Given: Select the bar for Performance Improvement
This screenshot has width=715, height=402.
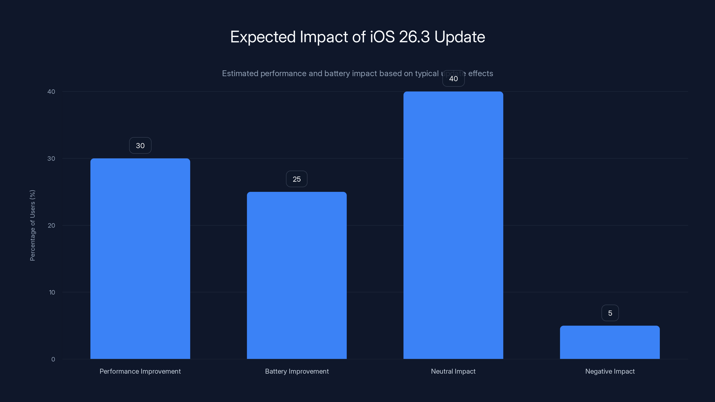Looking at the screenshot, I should [x=140, y=259].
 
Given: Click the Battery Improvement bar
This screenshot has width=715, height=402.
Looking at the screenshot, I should [x=297, y=275].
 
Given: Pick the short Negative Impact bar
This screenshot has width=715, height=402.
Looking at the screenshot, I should [x=610, y=342].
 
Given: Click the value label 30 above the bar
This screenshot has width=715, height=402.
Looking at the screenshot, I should [x=140, y=146].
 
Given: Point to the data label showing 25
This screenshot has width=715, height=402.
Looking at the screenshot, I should [x=297, y=179].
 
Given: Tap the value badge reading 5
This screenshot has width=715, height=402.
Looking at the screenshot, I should [x=610, y=313].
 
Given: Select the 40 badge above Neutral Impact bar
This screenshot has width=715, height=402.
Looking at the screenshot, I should [x=453, y=79].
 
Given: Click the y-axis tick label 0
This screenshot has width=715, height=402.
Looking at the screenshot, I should [x=53, y=359].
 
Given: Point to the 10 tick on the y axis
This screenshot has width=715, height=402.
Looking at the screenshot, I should [x=52, y=292].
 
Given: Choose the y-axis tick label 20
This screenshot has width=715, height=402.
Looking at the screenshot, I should [x=51, y=226].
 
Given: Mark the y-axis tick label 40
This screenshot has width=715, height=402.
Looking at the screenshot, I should [x=51, y=92].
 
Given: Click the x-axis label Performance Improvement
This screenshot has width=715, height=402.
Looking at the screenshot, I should [x=140, y=371].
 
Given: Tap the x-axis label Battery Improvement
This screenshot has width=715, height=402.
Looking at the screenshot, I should [x=297, y=371].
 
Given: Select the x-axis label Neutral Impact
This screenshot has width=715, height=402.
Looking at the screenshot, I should [x=453, y=371].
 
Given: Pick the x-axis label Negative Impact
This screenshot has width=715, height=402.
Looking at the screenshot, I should [x=610, y=371].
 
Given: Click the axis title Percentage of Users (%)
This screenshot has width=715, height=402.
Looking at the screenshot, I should [x=32, y=225].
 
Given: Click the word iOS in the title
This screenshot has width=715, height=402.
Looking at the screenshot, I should [x=382, y=37].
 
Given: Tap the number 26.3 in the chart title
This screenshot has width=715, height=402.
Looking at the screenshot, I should [x=414, y=37].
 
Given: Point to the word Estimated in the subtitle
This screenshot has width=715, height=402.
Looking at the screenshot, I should [x=240, y=73].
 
